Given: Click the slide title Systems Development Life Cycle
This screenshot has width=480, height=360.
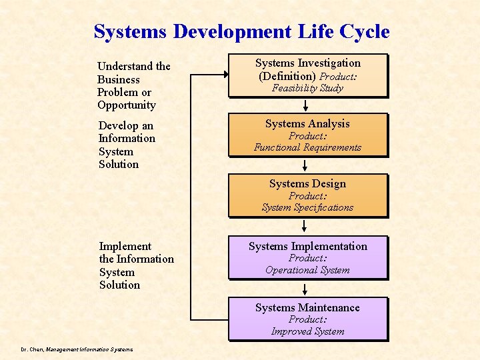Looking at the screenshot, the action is click(241, 31).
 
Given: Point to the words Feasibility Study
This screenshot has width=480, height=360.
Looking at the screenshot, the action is click(307, 88).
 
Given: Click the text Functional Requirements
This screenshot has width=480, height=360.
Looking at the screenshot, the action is click(307, 147).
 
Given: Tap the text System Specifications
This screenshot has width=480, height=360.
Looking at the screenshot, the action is click(307, 207).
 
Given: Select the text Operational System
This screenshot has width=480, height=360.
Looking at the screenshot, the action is click(307, 270).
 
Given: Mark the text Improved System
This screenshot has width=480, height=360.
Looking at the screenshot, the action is click(307, 331).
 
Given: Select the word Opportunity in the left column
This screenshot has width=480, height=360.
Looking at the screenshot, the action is click(127, 105).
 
